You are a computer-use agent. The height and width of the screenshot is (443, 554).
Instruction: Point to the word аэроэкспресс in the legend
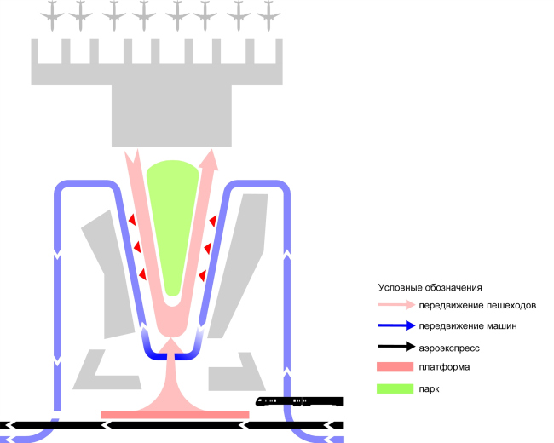(x=449, y=347)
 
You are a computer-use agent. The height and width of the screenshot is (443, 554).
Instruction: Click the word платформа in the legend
(x=444, y=367)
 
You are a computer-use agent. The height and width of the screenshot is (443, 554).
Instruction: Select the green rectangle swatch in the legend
(x=393, y=388)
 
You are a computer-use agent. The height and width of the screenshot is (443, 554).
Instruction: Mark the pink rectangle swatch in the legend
(x=393, y=367)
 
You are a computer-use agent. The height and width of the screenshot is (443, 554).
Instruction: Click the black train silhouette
(x=300, y=401)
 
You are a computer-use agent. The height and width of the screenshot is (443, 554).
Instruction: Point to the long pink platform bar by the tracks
(x=175, y=415)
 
